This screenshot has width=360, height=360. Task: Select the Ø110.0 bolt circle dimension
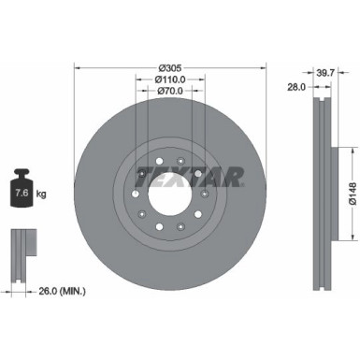coord(169,80)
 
